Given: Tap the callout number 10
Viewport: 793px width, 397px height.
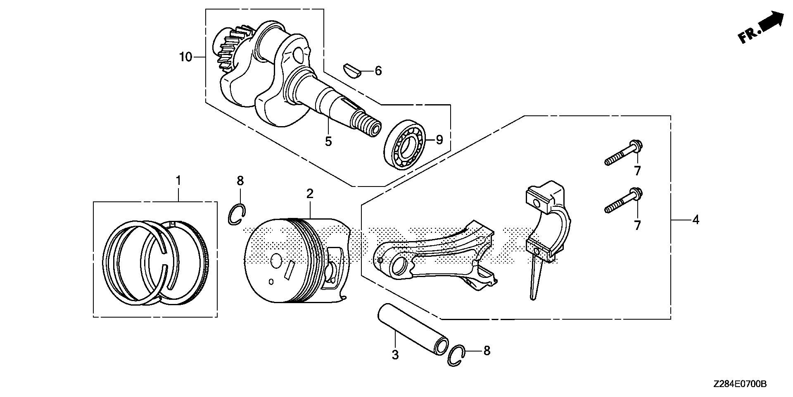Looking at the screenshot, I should pos(186,57).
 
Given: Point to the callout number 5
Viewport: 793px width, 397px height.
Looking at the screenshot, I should pos(328,141).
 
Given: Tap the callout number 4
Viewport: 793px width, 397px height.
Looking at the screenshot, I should pos(696,220).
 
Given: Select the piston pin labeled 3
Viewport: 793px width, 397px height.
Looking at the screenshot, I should pos(413,331).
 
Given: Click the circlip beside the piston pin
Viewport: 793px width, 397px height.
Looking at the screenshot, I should pos(456,355).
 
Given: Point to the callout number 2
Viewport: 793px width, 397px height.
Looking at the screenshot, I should pos(310,193).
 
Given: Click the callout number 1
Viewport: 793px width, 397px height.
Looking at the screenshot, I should pos(178,180).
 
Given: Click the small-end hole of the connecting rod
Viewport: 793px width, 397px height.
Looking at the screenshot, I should pos(399,266).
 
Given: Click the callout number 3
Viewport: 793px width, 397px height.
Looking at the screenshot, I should pos(395,354).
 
